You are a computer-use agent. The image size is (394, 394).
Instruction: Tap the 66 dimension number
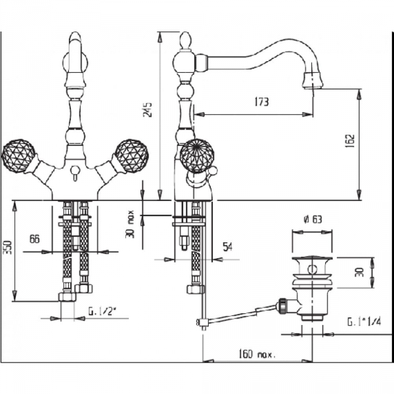tap(35, 239)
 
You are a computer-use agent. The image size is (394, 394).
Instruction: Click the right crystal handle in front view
tap(131, 156)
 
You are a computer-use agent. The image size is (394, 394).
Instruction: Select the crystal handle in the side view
tap(198, 157)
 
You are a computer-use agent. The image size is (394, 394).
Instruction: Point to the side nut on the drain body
tap(282, 304)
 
